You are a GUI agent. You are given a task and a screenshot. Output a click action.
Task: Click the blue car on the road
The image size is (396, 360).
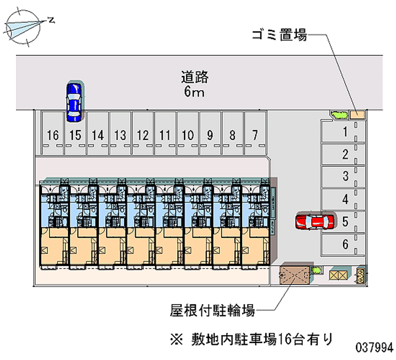74,101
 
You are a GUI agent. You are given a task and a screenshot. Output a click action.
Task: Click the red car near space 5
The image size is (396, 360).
314,221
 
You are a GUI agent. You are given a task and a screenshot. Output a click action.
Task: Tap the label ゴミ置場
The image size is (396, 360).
279,36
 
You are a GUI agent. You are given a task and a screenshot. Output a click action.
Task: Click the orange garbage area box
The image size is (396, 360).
357,114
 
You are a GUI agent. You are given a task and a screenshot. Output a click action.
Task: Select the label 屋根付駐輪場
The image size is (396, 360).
212,311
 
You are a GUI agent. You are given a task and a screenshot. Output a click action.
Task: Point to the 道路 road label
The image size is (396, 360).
195,78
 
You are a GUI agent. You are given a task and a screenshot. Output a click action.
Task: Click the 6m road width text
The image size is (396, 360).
194,92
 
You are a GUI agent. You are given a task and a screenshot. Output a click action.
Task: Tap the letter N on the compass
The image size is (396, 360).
51,20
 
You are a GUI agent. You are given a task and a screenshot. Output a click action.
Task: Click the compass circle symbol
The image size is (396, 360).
23,28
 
